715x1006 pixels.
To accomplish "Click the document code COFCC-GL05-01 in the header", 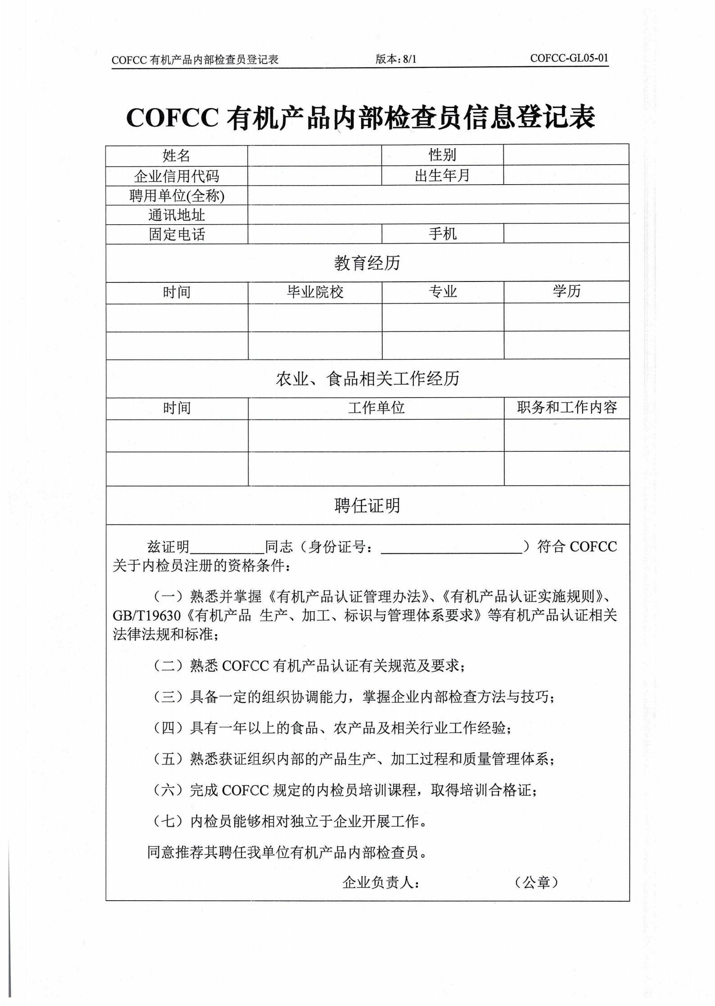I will (x=569, y=58).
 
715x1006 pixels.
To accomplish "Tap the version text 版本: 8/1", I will (x=396, y=59).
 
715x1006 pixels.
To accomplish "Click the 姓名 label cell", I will (x=176, y=156).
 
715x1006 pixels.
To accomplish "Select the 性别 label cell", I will (x=442, y=155).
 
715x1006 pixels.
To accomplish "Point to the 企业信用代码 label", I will (x=176, y=176).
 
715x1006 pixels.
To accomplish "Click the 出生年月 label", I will (x=442, y=175).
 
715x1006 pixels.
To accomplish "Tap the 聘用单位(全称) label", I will (x=176, y=195).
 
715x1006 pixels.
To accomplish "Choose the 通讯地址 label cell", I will (x=176, y=215).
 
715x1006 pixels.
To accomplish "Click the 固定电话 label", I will (x=176, y=234).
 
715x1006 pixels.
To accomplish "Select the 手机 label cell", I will (x=442, y=234).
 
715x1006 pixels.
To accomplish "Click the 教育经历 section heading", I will (x=367, y=263).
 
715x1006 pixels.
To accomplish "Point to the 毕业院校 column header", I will (x=315, y=292).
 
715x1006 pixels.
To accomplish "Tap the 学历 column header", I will (x=566, y=291).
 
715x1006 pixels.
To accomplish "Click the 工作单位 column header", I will (x=376, y=408).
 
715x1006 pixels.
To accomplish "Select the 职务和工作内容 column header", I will (x=566, y=408).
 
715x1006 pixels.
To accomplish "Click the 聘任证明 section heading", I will (x=367, y=506).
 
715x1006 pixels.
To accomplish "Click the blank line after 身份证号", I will (x=452, y=548).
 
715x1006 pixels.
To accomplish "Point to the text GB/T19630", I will (x=146, y=616).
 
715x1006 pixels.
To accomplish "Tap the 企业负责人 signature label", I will (x=381, y=883).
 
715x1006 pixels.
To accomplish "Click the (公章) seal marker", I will (x=536, y=882).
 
